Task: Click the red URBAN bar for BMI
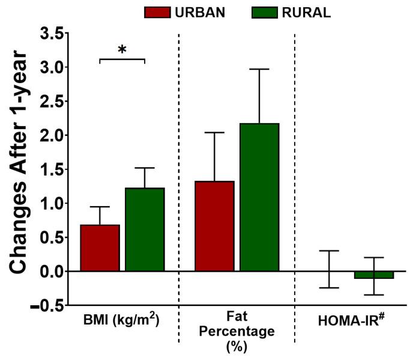tap(100, 248)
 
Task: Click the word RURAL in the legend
tap(309, 13)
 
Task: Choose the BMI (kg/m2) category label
tap(122, 320)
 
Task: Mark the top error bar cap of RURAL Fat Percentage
tap(259, 69)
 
